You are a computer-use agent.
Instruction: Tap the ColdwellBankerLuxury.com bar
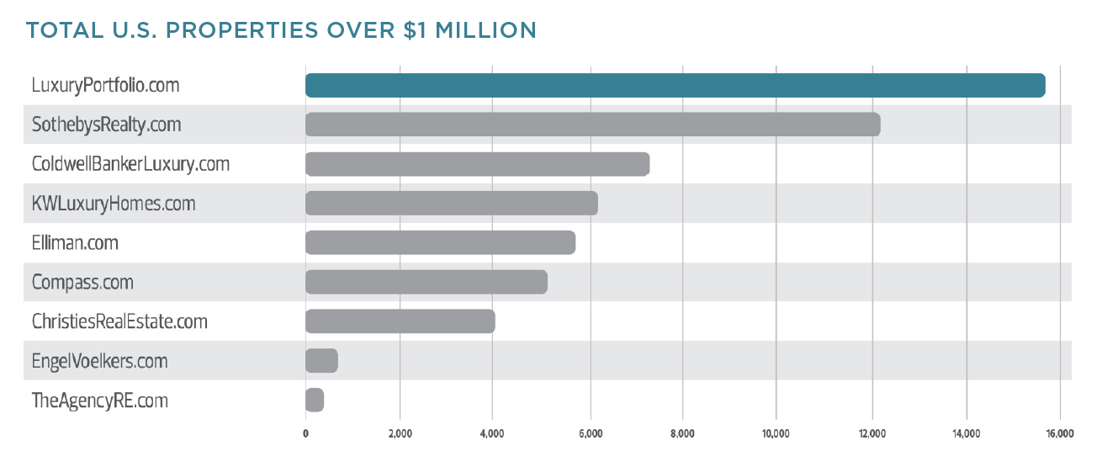477,164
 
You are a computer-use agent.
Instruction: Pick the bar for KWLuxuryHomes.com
451,204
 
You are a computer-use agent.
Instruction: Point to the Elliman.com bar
440,243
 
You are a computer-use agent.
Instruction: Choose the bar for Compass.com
426,282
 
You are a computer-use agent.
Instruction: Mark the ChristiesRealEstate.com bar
400,321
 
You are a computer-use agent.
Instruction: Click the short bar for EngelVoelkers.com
321,361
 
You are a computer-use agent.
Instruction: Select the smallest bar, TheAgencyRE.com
315,400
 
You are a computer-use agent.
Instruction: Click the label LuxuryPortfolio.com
105,86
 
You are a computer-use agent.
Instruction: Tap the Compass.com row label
82,283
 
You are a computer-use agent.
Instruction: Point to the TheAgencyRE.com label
99,401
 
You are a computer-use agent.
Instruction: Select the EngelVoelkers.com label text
99,362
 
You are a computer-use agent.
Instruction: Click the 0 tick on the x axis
305,434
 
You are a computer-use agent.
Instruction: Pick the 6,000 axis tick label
591,434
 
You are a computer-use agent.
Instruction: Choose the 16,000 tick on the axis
1059,434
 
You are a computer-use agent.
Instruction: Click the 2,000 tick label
400,434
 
